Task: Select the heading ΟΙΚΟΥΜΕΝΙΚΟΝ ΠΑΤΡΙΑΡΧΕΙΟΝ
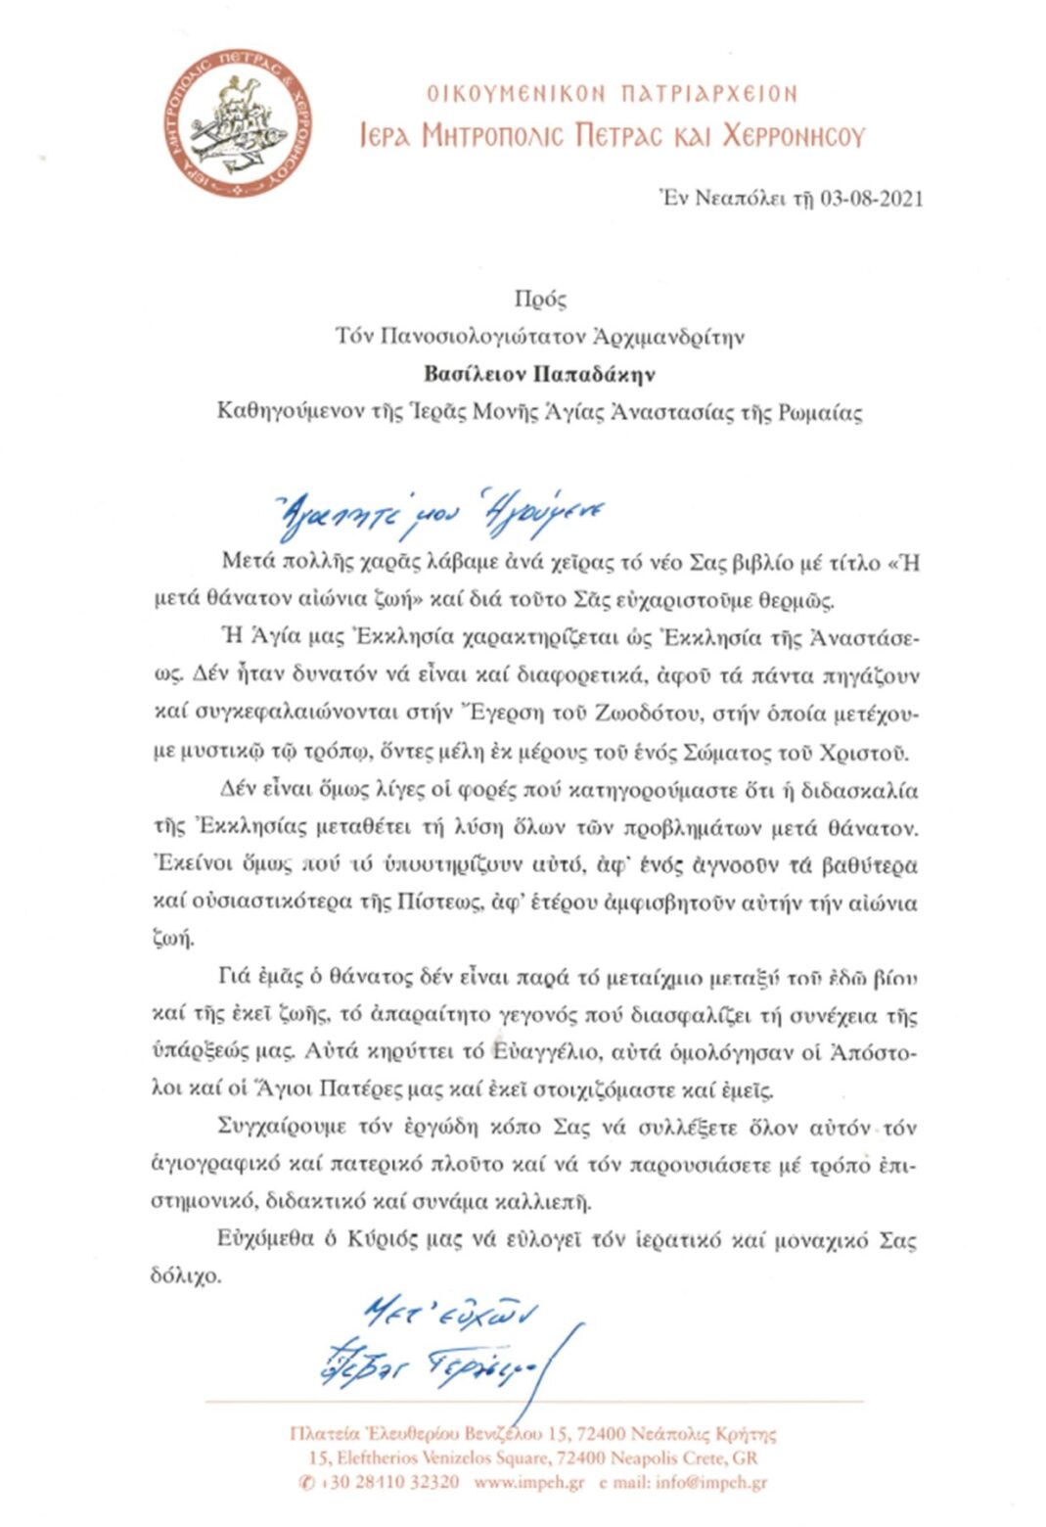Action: point(612,94)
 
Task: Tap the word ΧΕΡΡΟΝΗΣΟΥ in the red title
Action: point(794,135)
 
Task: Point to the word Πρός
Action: point(539,300)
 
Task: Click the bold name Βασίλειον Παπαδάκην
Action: point(539,374)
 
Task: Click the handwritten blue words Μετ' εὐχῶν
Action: point(449,1312)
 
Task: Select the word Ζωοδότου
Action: point(644,714)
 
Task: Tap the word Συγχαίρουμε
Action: point(284,1127)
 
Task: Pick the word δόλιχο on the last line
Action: point(186,1276)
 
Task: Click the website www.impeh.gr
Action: point(528,1482)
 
